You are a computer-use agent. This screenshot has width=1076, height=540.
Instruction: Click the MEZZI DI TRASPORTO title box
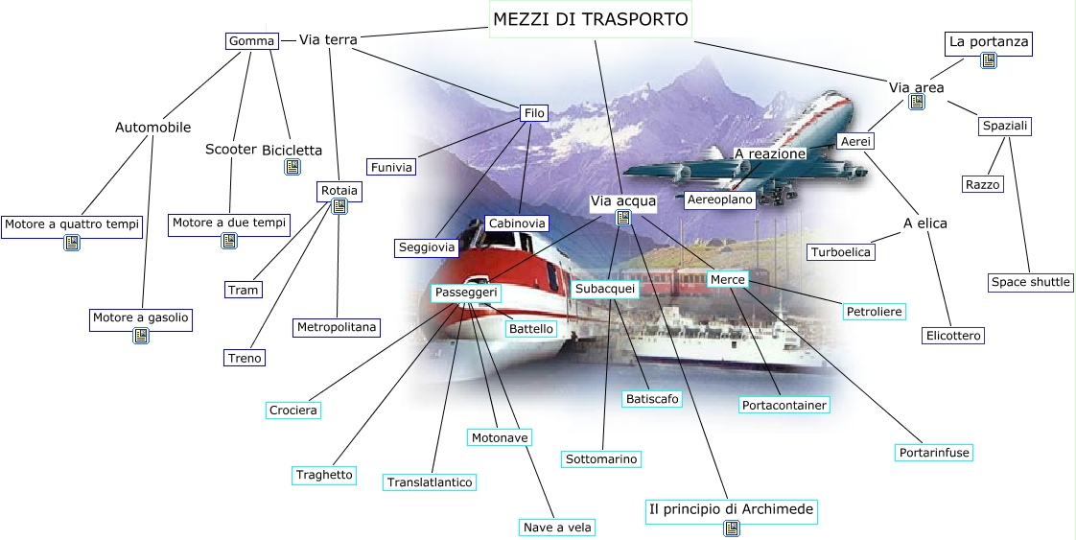(x=590, y=19)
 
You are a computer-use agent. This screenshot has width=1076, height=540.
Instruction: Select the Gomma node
(x=252, y=40)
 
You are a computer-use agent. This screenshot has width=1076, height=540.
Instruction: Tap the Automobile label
(x=152, y=128)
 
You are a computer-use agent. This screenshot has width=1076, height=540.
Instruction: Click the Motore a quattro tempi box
(x=72, y=225)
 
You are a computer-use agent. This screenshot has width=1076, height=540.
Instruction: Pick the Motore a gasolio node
(x=141, y=317)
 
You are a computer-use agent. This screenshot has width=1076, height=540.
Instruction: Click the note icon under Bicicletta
(x=292, y=168)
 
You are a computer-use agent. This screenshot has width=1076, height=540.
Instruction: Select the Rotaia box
(x=339, y=191)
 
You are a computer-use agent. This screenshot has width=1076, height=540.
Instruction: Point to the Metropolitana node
(x=337, y=328)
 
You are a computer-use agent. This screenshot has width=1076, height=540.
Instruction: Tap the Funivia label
(x=391, y=168)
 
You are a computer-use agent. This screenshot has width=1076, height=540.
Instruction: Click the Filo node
(x=534, y=113)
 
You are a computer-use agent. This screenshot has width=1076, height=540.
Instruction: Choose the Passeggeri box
(x=465, y=292)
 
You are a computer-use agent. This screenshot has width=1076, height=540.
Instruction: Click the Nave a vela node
(x=558, y=528)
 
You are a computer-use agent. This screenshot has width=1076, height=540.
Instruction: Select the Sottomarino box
(x=601, y=459)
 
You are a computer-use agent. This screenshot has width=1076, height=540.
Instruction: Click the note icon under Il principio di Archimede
(x=732, y=528)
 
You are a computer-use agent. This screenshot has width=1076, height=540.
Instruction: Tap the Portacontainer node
(x=784, y=405)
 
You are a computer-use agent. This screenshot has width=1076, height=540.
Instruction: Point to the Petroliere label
(x=875, y=312)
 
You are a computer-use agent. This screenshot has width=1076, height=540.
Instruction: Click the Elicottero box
(x=953, y=336)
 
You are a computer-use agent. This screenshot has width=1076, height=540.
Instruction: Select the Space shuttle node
(x=1031, y=282)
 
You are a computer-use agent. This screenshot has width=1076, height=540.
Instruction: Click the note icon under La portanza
(x=989, y=61)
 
